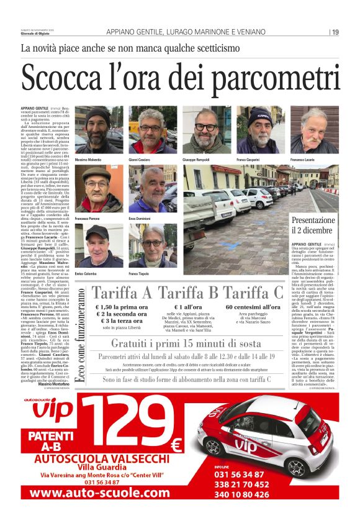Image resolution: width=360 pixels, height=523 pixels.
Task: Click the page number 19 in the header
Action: pyautogui.click(x=335, y=32)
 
